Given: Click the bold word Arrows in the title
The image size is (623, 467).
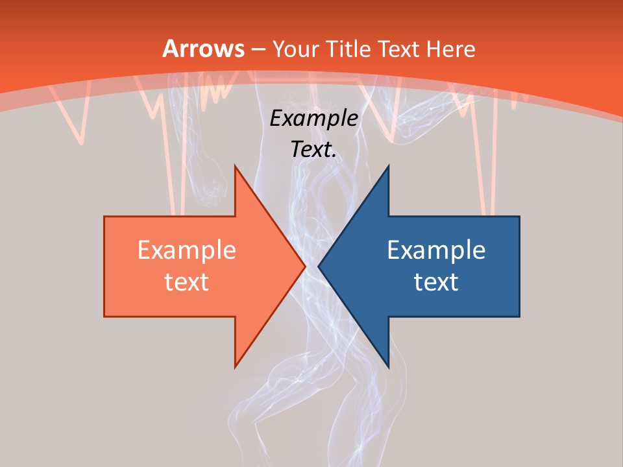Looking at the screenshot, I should pos(203,49).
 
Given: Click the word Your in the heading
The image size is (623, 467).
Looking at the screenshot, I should pos(296,49).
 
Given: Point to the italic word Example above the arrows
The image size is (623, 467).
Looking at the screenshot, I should pos(313,119).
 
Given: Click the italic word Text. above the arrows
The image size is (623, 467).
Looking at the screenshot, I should pos(313,150).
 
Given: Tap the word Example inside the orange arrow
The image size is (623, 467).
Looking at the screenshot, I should pos(187,250).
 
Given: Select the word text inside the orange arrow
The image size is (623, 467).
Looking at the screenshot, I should pos(187,281).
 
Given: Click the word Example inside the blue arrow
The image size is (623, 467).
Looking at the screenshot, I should pos(436,250).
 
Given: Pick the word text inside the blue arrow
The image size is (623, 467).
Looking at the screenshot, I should pos(436,281).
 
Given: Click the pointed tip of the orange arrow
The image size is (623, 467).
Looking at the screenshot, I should pos(305,266).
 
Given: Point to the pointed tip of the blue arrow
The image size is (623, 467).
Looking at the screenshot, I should pos(318,266).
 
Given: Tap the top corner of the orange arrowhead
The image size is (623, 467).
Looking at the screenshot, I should pos(235,165).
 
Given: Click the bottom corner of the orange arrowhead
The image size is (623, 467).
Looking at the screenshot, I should pos(235,367).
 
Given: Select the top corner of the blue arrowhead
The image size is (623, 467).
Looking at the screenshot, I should pos(388,165).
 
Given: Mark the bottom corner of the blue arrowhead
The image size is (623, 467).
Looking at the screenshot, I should pos(388,367).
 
